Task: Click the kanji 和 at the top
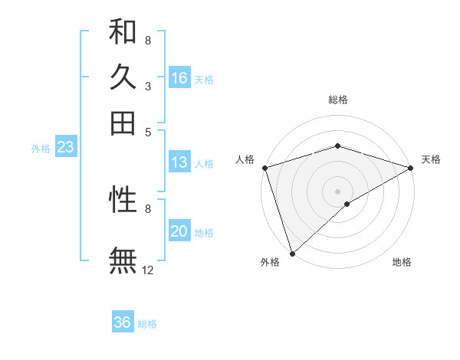click(123, 33)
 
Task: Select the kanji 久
click(123, 77)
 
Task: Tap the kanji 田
click(123, 123)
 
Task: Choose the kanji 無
click(123, 260)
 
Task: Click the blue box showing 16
click(179, 78)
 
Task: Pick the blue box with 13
click(179, 162)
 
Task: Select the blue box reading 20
click(179, 232)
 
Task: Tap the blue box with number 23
click(65, 148)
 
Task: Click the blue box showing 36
click(123, 322)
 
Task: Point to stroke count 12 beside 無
click(148, 270)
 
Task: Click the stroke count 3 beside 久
click(147, 87)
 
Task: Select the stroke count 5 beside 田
click(147, 131)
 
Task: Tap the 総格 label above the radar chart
click(337, 100)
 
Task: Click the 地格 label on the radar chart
click(402, 263)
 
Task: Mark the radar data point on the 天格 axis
click(410, 168)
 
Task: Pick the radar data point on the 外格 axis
click(292, 253)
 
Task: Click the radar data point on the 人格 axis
click(264, 168)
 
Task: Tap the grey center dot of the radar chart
click(337, 191)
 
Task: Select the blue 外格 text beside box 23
click(41, 149)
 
